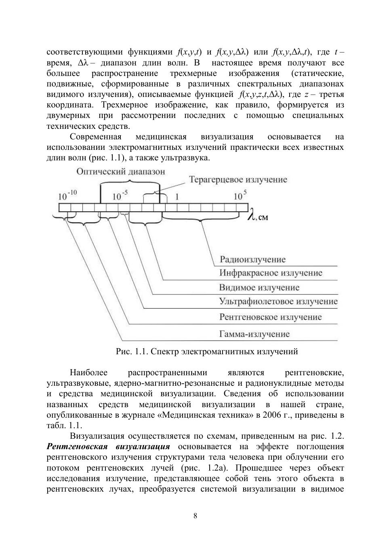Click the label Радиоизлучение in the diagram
click(x=252, y=259)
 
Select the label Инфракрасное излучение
click(x=271, y=273)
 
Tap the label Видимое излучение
click(x=259, y=288)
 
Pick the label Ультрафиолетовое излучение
click(x=278, y=301)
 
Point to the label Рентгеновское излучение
click(x=270, y=317)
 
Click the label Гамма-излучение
click(x=254, y=334)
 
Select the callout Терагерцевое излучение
click(x=238, y=180)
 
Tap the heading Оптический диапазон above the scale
click(x=121, y=171)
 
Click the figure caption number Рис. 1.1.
click(x=132, y=351)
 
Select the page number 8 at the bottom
click(x=195, y=516)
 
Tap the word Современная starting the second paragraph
click(x=96, y=137)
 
